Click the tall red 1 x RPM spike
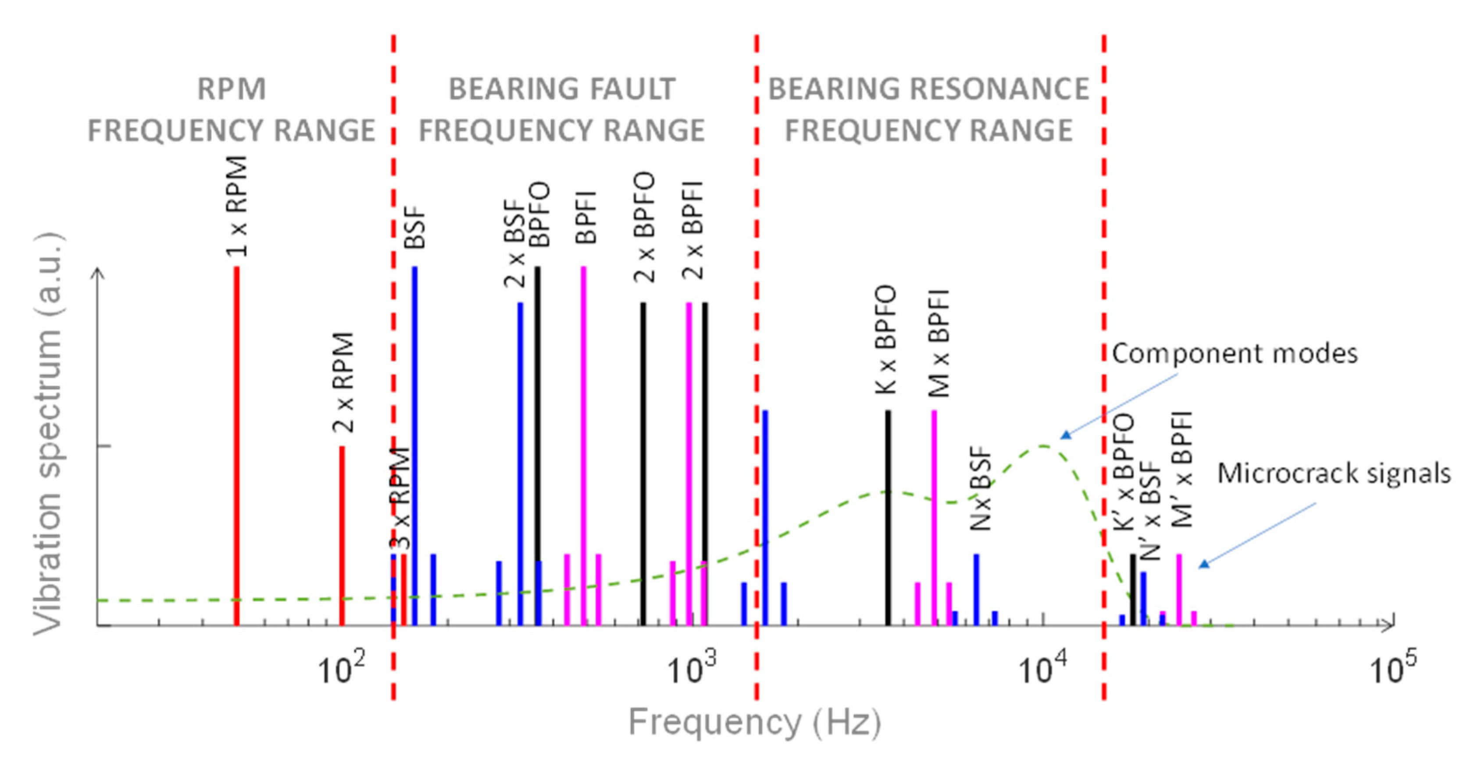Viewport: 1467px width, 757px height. (236, 444)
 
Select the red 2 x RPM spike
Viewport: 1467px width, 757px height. (342, 536)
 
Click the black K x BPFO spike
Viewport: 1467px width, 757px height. (887, 513)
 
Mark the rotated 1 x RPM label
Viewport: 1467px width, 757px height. (237, 206)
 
